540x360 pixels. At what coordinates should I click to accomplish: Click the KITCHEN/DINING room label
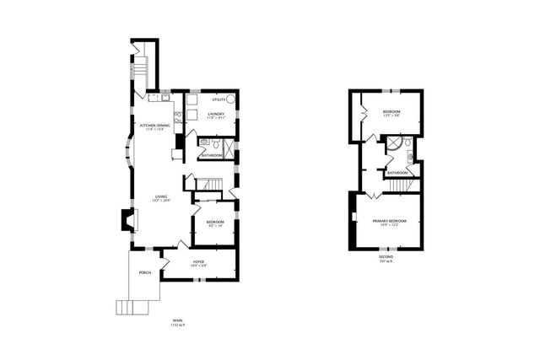[153, 127]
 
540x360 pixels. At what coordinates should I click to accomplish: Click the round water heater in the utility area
[229, 99]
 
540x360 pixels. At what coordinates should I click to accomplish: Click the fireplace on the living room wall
[126, 221]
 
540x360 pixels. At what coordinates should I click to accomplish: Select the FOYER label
[198, 263]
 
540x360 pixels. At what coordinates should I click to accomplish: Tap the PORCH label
[144, 273]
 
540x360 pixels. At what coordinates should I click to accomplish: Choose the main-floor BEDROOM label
[215, 223]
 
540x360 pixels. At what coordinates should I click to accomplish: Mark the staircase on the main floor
[209, 185]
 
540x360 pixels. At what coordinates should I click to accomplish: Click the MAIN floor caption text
[177, 321]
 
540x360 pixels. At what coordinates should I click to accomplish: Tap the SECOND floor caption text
[386, 258]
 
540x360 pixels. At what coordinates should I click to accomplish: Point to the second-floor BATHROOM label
[397, 172]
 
